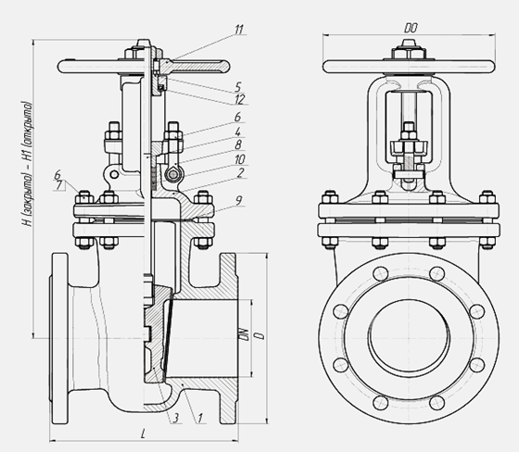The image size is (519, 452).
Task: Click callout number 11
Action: tap(239, 30)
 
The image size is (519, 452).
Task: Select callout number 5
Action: tap(238, 87)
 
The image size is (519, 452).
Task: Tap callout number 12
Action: tap(239, 99)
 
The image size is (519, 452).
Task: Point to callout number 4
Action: tap(238, 132)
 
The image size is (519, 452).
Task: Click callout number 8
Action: tap(238, 144)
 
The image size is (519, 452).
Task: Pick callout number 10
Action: tap(240, 159)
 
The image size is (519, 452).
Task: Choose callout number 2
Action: tap(241, 172)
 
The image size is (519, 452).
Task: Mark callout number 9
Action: tap(239, 200)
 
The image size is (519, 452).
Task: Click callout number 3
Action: tap(176, 418)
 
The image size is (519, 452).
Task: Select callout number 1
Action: tap(200, 419)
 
